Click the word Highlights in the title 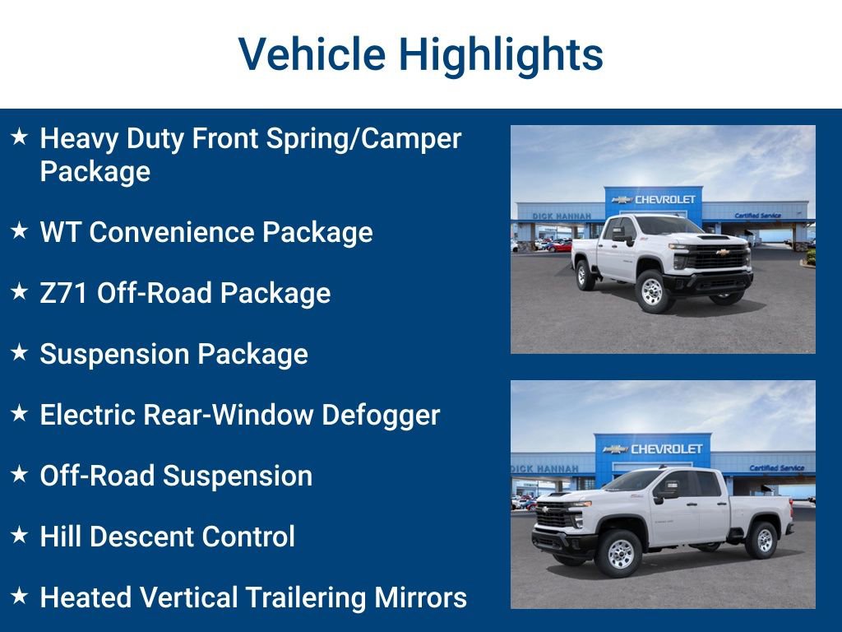[x=502, y=54]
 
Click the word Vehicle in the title [x=312, y=54]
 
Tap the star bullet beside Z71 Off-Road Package [x=20, y=292]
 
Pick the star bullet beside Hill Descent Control [x=20, y=535]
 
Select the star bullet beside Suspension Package [x=20, y=353]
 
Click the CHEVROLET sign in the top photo [x=664, y=199]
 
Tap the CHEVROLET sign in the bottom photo [x=666, y=448]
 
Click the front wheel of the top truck [x=653, y=290]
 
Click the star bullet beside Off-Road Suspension [x=20, y=475]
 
